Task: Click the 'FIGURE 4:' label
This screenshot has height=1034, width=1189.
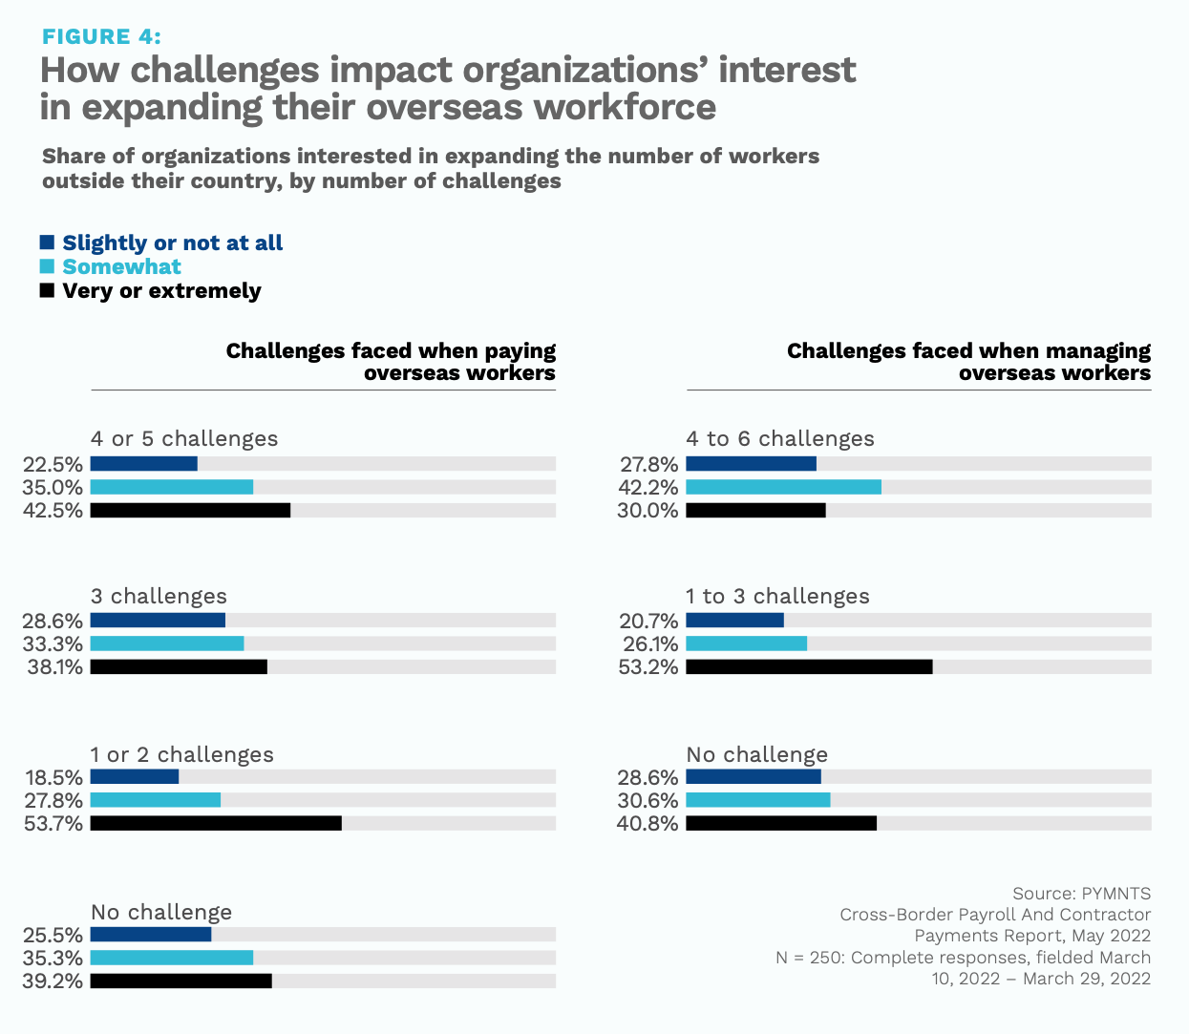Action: point(101,36)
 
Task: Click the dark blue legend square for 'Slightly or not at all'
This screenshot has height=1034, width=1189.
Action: point(47,243)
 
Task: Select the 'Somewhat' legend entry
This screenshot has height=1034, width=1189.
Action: point(121,267)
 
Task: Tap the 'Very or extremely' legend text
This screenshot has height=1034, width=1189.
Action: point(161,291)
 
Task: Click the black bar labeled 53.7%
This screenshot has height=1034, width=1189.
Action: point(216,823)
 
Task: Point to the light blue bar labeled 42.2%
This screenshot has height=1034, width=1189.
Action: point(783,487)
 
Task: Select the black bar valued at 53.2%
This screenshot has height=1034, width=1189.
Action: point(809,666)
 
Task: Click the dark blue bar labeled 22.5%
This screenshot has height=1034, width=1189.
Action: point(143,464)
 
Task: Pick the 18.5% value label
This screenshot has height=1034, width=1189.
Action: point(53,777)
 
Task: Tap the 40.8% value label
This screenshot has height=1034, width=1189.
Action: point(648,823)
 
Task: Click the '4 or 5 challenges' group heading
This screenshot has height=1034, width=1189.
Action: point(184,438)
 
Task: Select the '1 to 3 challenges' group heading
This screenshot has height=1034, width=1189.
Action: point(777,596)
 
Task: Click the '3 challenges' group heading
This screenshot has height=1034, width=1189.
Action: point(159,596)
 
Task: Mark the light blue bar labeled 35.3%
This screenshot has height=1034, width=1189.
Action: point(172,958)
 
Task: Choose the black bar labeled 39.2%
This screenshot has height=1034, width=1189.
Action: point(181,981)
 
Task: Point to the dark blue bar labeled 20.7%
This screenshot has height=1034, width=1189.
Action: point(734,621)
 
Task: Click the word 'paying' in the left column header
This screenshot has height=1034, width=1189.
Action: point(520,351)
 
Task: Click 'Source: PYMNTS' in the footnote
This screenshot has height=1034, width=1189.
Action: point(1081,894)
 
